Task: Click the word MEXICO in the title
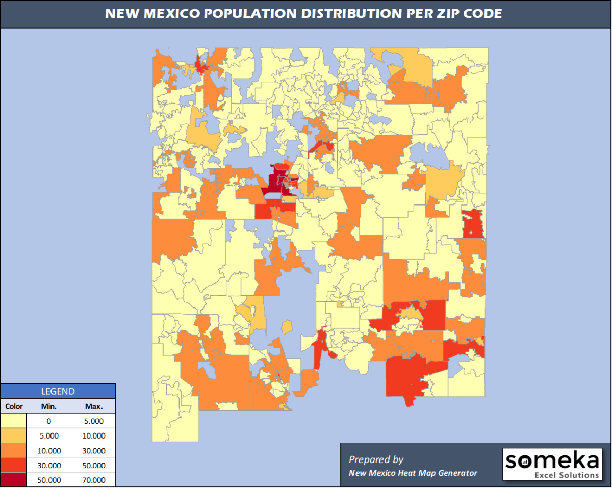pyautogui.click(x=173, y=14)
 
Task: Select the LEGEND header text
pyautogui.click(x=58, y=392)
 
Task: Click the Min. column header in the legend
pyautogui.click(x=49, y=406)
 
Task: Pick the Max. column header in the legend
pyautogui.click(x=94, y=406)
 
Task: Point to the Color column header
pyautogui.click(x=14, y=406)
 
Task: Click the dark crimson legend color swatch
pyautogui.click(x=14, y=480)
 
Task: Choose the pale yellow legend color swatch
pyautogui.click(x=14, y=421)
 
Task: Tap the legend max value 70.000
pyautogui.click(x=94, y=480)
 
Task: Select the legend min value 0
pyautogui.click(x=49, y=421)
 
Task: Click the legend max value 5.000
pyautogui.click(x=94, y=421)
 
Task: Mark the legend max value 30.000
pyautogui.click(x=94, y=451)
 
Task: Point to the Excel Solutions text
pyautogui.click(x=567, y=475)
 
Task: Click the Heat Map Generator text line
pyautogui.click(x=413, y=473)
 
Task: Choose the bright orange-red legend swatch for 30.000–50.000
pyautogui.click(x=14, y=465)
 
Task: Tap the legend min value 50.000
pyautogui.click(x=49, y=480)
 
